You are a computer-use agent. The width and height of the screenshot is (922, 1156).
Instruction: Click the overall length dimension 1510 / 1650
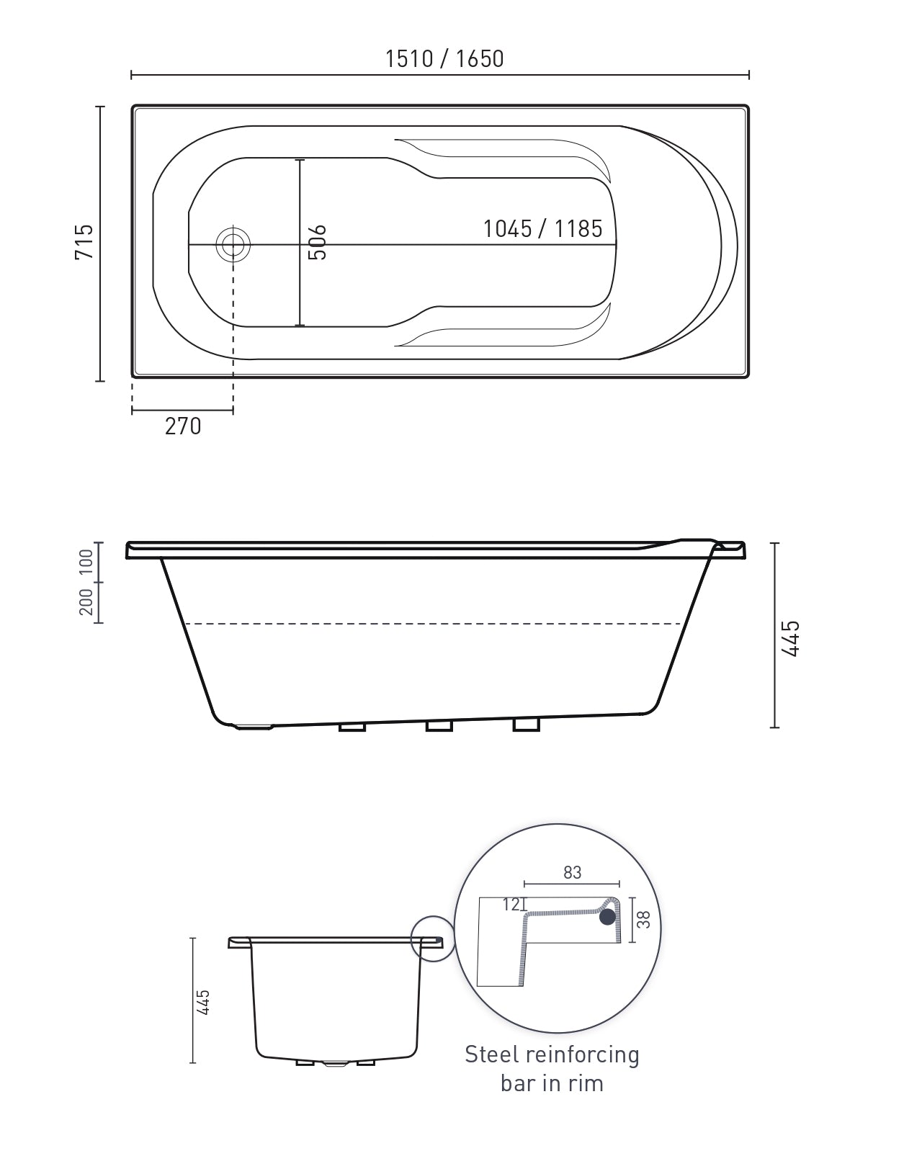coord(444,58)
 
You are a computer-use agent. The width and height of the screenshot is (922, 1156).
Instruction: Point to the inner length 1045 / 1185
coord(542,229)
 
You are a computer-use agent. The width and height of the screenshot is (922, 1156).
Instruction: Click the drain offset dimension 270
coord(183,426)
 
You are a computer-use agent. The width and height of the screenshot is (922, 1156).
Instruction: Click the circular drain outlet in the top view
coord(233,245)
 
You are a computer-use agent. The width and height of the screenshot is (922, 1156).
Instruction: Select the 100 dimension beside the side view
coord(86,563)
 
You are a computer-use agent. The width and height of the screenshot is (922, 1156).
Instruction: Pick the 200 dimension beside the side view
coord(86,602)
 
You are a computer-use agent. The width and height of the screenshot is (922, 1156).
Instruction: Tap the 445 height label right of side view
coord(790,637)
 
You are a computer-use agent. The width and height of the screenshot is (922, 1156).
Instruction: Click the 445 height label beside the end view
coord(205,1002)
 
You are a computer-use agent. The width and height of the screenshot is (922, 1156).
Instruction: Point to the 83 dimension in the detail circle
coord(572,872)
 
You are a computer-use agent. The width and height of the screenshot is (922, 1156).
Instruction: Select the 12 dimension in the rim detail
coord(511,905)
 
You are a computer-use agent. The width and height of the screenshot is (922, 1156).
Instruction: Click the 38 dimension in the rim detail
coord(644,919)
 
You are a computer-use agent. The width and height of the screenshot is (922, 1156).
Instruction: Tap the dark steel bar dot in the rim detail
coord(608,916)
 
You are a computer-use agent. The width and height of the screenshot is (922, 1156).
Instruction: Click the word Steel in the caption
coord(491,1054)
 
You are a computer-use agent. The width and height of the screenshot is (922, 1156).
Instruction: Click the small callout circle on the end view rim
coord(433,938)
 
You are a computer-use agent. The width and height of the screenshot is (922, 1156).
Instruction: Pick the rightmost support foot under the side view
coord(526,725)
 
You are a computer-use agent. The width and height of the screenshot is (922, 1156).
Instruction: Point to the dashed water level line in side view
coord(432,624)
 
